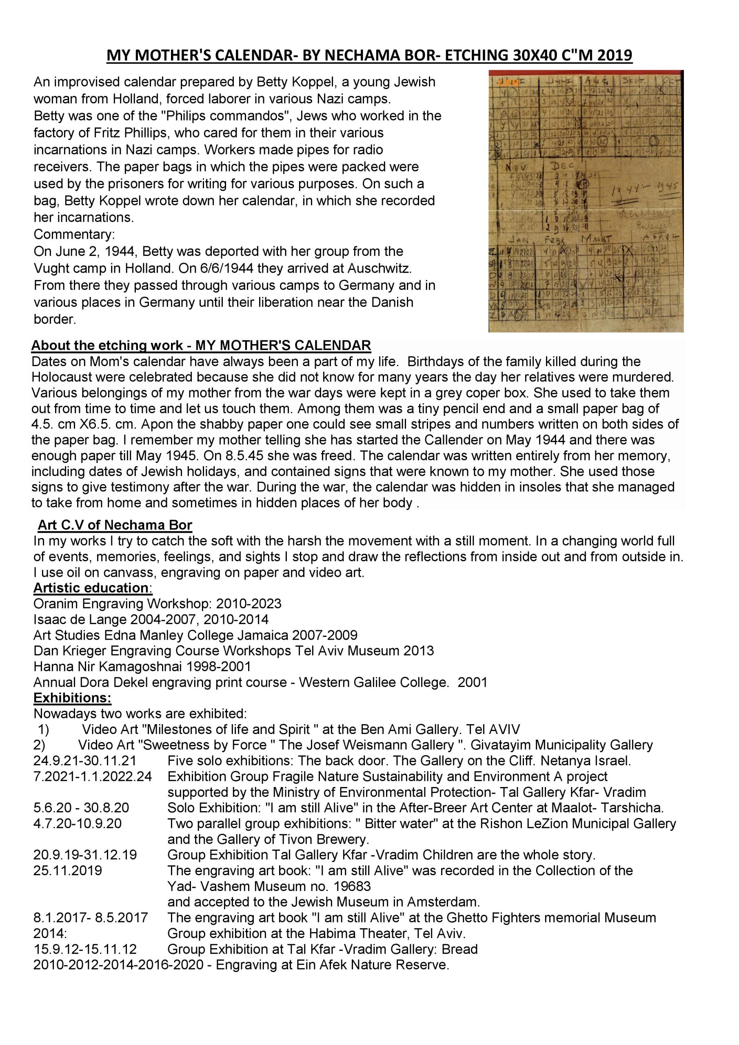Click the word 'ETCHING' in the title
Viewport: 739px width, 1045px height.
pos(477,55)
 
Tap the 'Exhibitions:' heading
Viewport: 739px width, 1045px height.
pos(72,698)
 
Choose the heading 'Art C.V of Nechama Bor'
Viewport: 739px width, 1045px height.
pos(115,525)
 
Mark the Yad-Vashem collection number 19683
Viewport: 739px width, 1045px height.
pos(353,886)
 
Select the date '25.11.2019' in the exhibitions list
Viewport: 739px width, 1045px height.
pos(68,871)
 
